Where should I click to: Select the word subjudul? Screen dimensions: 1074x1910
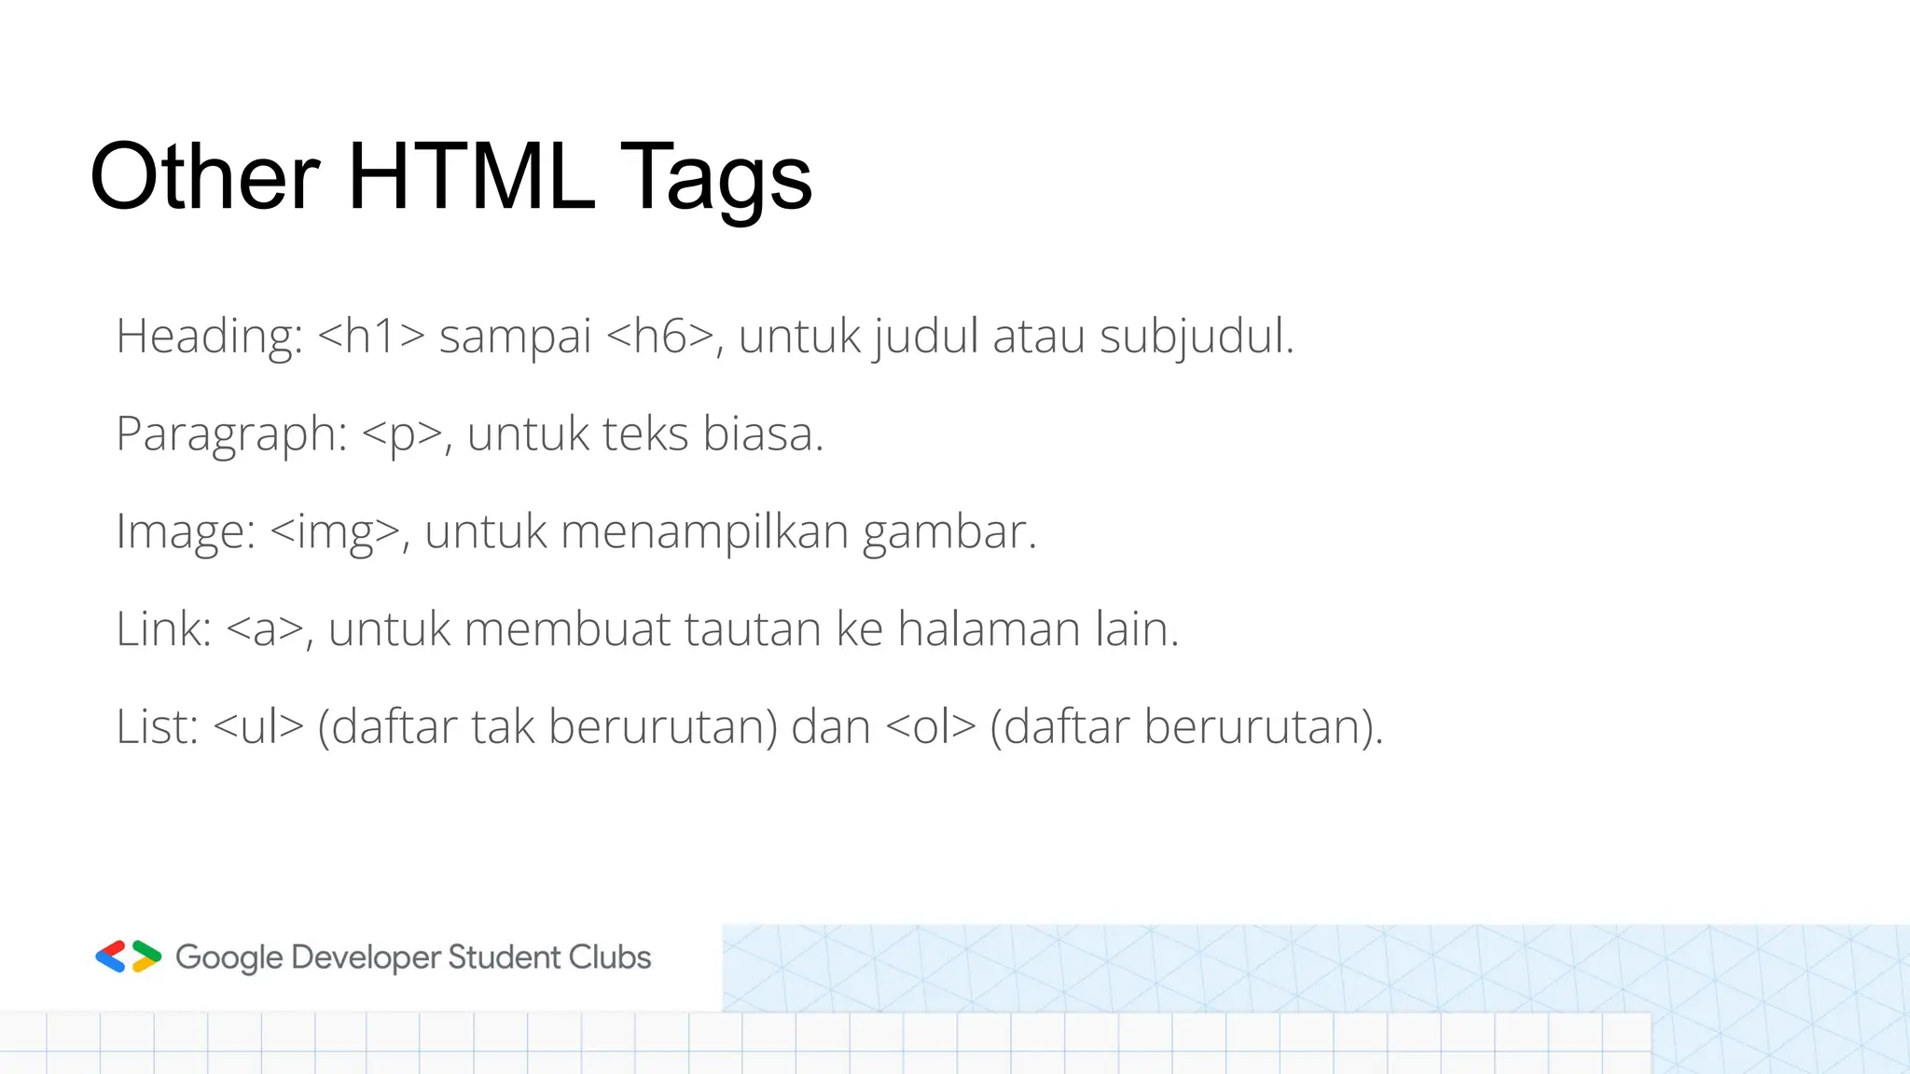[x=1196, y=337]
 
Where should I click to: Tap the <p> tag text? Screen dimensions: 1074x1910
[x=402, y=434]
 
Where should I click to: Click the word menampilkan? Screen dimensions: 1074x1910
[x=704, y=532]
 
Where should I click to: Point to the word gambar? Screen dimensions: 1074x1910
[x=948, y=532]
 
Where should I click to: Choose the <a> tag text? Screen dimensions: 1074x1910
[x=265, y=629]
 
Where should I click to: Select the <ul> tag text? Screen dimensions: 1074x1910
[x=258, y=727]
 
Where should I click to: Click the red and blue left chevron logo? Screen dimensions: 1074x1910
[x=111, y=957]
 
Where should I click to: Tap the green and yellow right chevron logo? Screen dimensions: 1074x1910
[x=146, y=957]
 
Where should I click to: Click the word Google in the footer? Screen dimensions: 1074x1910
[x=228, y=958]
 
